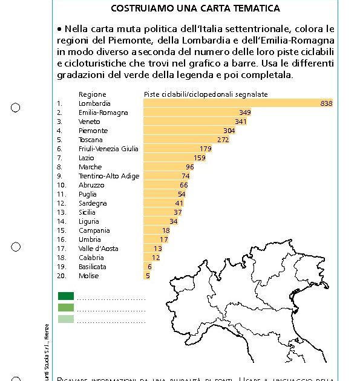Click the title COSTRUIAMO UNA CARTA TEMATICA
(x=195, y=8)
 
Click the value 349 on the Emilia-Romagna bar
(x=245, y=112)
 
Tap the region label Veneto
(x=90, y=122)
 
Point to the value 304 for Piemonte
(x=229, y=131)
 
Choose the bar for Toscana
(x=182, y=140)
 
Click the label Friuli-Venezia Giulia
(x=108, y=149)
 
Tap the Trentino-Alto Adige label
(x=109, y=176)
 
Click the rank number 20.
(x=61, y=276)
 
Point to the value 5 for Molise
(x=148, y=276)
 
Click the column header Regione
(x=92, y=94)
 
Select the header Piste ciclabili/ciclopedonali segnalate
(x=206, y=94)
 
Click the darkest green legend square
(x=66, y=296)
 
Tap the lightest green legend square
(x=66, y=319)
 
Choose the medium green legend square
(x=66, y=308)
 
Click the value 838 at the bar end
(x=326, y=103)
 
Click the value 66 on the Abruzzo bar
(x=184, y=185)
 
